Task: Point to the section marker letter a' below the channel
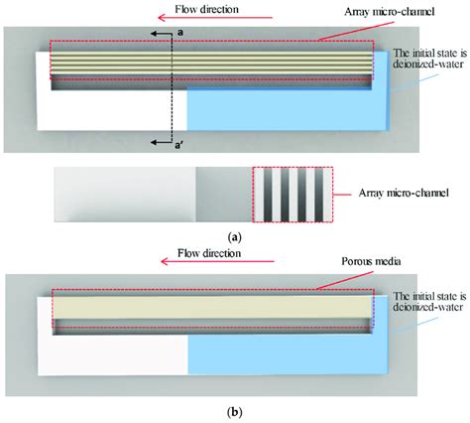point(179,147)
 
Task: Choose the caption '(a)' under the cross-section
point(234,237)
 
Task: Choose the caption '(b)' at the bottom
point(234,410)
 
